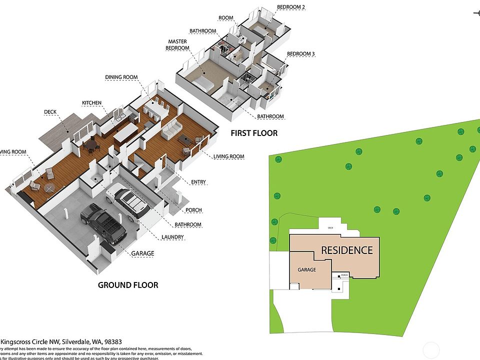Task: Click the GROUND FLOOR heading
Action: tap(128, 285)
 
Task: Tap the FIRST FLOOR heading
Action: tap(254, 133)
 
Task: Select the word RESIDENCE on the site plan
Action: tap(346, 250)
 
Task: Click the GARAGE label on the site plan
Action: tap(307, 270)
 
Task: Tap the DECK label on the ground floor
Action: tap(50, 112)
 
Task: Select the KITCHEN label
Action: tap(92, 103)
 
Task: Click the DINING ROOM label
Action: tap(121, 77)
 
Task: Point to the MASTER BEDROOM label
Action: tap(178, 45)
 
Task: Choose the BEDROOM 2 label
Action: tap(291, 7)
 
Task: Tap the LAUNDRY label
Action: tap(173, 237)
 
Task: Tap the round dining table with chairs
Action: tap(91, 146)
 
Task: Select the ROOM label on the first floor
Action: tap(226, 18)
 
